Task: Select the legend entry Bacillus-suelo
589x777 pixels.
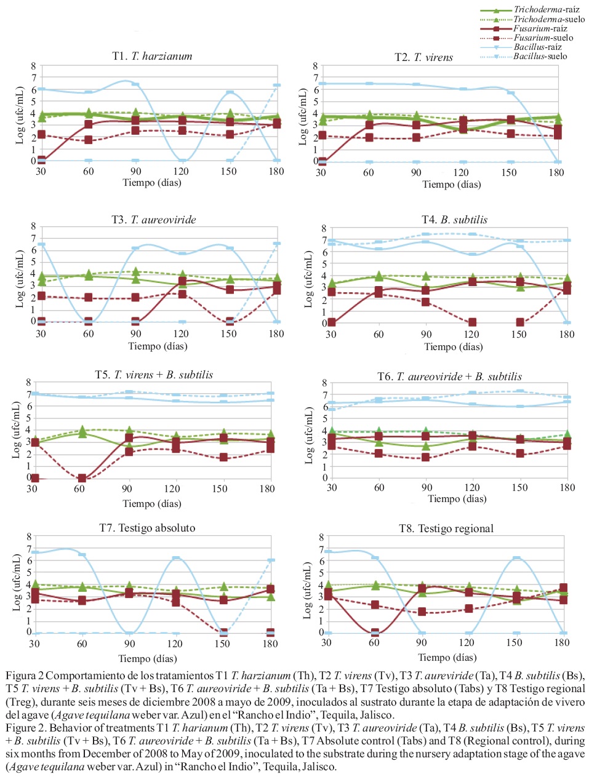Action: click(540, 57)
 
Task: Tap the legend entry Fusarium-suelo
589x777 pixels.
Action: click(543, 38)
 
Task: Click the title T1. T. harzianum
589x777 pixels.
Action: click(152, 56)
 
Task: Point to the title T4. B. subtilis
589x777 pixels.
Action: click(454, 220)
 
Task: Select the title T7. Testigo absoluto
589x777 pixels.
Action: click(147, 528)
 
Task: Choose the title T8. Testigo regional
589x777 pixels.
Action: click(446, 528)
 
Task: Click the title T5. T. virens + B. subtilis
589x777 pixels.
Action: click(154, 375)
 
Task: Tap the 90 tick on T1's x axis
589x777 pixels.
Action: click(135, 172)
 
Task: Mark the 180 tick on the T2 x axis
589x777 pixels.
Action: click(556, 173)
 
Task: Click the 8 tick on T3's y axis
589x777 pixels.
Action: click(33, 226)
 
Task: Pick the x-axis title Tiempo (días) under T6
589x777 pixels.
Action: click(457, 499)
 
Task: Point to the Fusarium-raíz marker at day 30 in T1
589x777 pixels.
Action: click(41, 160)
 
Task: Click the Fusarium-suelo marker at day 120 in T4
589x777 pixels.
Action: click(472, 322)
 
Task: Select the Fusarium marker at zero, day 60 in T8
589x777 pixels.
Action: click(375, 632)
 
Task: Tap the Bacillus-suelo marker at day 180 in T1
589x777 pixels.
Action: click(277, 86)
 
